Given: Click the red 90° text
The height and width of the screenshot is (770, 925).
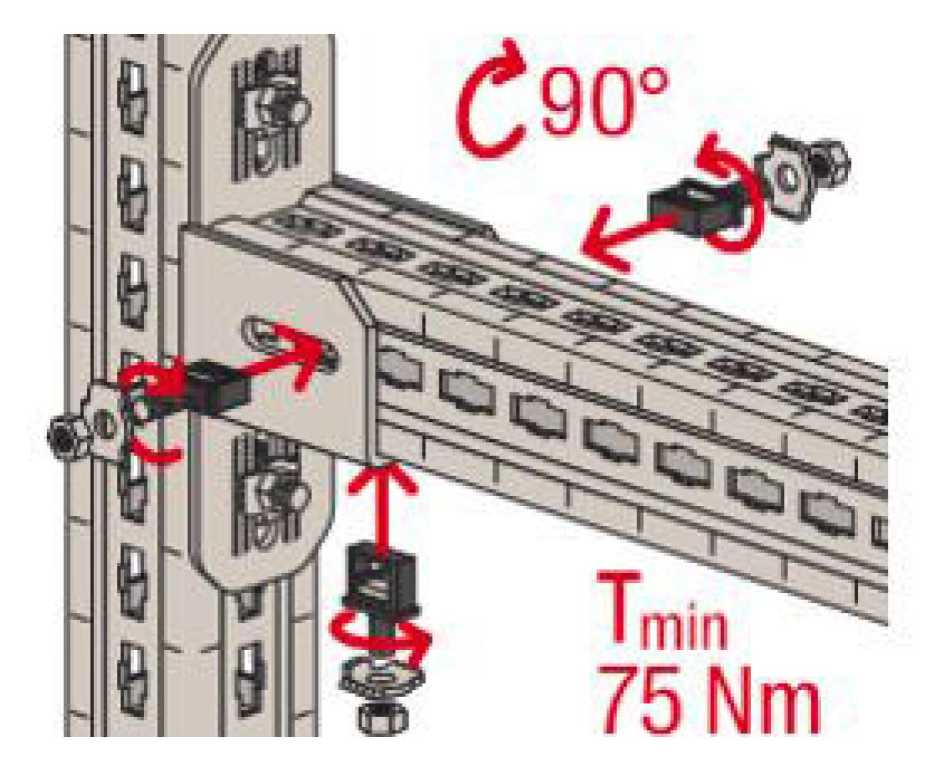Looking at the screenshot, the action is pyautogui.click(x=604, y=102).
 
